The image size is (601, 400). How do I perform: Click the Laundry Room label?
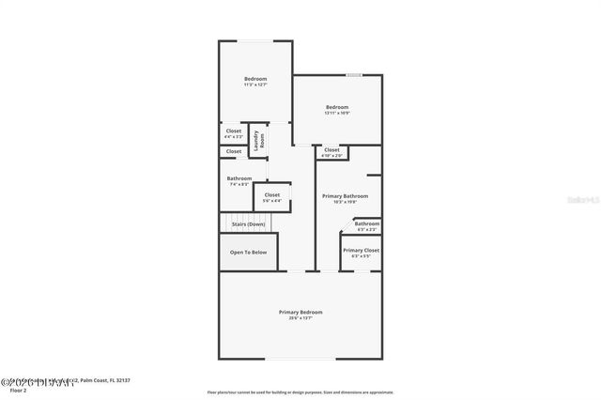point(262,140)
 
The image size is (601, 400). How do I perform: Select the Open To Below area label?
point(249,252)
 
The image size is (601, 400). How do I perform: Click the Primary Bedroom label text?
point(300,312)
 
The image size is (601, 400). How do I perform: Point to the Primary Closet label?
point(361,251)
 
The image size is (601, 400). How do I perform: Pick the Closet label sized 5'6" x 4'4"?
point(271,195)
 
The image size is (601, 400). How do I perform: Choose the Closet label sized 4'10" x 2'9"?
point(331,150)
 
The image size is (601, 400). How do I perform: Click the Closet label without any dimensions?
point(233,150)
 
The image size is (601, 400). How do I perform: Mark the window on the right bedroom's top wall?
point(354,75)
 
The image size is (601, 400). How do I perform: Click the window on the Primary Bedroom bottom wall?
point(300,358)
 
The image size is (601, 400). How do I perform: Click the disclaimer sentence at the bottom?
point(300,392)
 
